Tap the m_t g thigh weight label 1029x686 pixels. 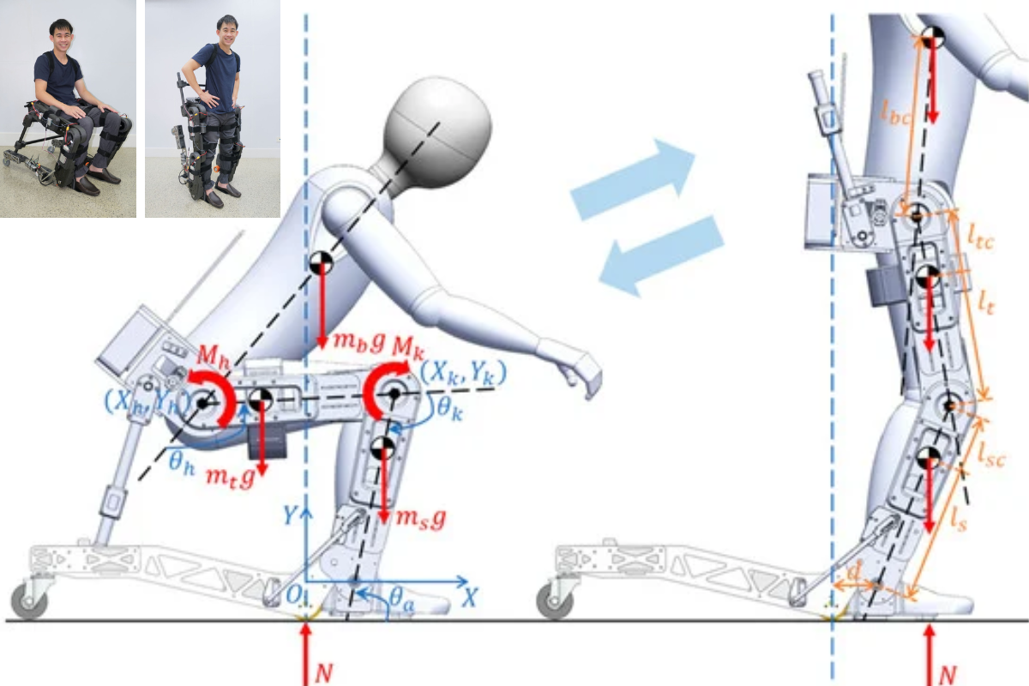coord(229,478)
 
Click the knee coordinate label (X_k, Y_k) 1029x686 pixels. coord(463,373)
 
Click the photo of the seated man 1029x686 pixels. coord(68,109)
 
